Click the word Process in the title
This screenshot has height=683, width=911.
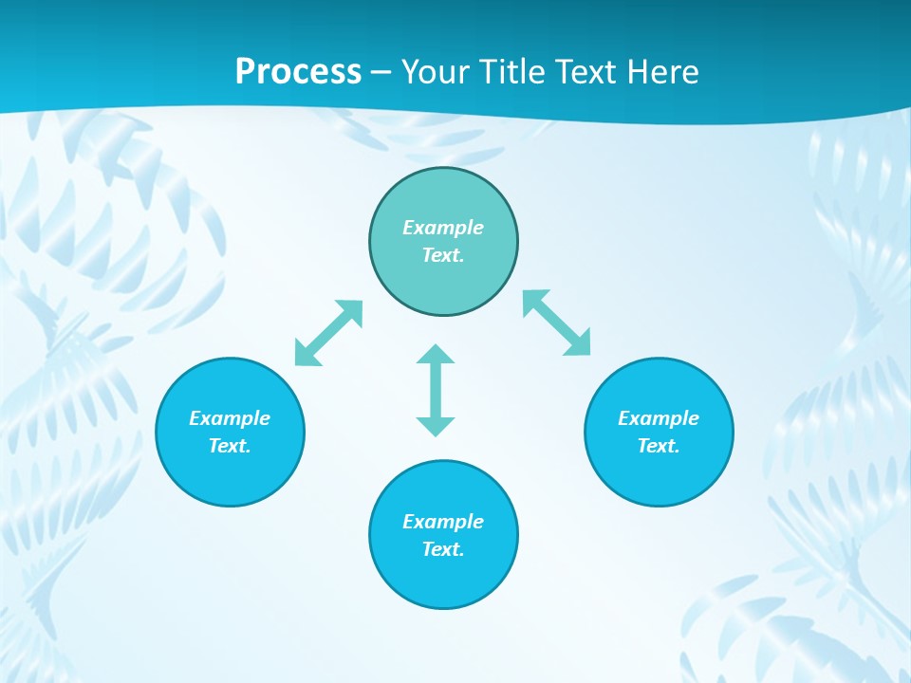pyautogui.click(x=298, y=71)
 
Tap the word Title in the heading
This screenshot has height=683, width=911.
pyautogui.click(x=516, y=71)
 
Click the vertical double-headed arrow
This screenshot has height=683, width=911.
pyautogui.click(x=436, y=390)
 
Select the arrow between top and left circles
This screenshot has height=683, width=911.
pyautogui.click(x=328, y=333)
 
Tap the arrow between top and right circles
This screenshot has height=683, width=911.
pyautogui.click(x=557, y=323)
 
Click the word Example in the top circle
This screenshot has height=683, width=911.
pyautogui.click(x=443, y=228)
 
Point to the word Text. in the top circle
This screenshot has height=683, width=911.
pyautogui.click(x=443, y=255)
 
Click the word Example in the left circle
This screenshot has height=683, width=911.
pyautogui.click(x=230, y=418)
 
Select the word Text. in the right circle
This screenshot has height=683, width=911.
pyautogui.click(x=659, y=446)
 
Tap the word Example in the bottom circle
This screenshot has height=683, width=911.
pyautogui.click(x=443, y=522)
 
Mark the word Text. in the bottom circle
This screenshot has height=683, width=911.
pyautogui.click(x=443, y=549)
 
